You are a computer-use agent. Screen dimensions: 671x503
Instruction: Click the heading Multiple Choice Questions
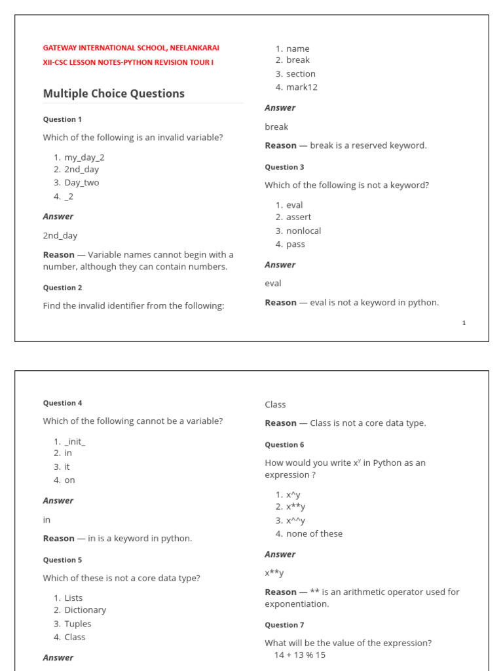[x=113, y=94]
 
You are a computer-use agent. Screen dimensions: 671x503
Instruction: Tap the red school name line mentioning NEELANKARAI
[x=131, y=48]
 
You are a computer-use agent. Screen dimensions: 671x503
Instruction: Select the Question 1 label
[x=62, y=119]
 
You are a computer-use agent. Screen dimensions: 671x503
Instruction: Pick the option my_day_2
[x=84, y=157]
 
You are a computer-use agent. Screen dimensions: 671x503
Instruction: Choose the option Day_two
[x=82, y=183]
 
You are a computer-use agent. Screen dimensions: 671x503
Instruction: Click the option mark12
[x=301, y=87]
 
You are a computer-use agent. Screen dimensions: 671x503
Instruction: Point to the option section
[x=301, y=74]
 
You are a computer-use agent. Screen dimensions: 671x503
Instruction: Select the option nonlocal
[x=303, y=231]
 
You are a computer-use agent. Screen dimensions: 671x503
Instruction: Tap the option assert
[x=299, y=217]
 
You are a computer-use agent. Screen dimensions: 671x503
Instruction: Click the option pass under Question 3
[x=295, y=244]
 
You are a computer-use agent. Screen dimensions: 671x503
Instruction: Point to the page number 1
[x=464, y=322]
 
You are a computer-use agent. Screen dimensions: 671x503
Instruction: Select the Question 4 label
[x=62, y=403]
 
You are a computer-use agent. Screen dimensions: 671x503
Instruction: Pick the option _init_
[x=75, y=442]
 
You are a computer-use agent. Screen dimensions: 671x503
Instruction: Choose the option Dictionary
[x=85, y=610]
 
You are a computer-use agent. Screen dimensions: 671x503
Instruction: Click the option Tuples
[x=78, y=624]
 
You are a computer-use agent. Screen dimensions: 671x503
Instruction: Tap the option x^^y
[x=295, y=521]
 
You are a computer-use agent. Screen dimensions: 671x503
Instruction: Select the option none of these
[x=314, y=534]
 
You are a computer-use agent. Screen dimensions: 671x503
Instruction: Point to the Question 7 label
[x=284, y=625]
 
